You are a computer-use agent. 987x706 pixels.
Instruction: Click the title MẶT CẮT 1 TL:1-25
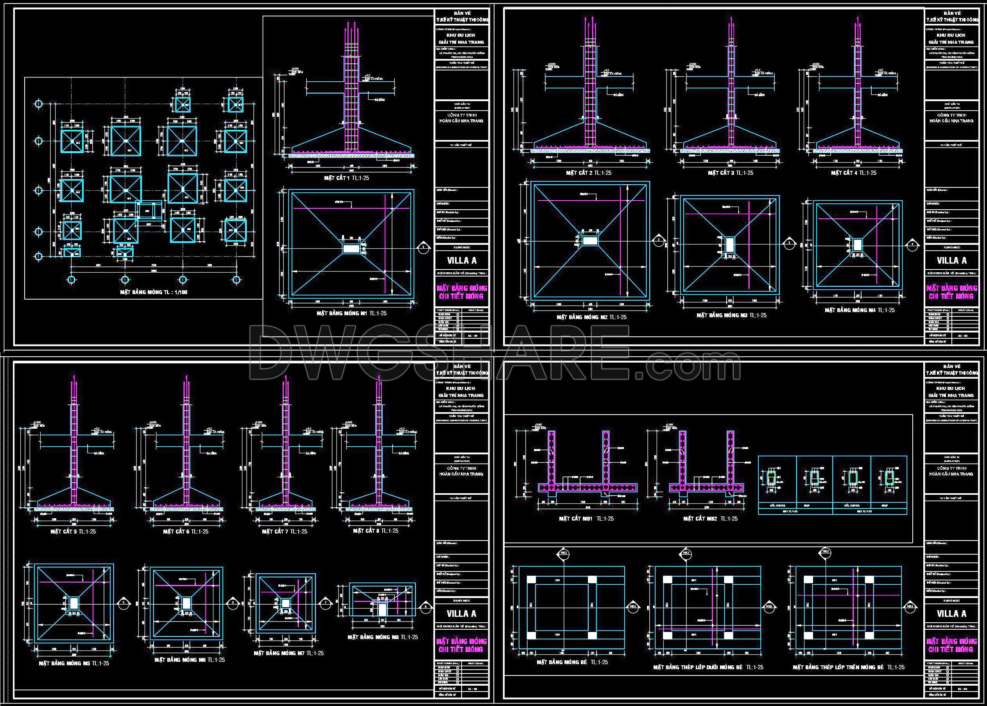(346, 178)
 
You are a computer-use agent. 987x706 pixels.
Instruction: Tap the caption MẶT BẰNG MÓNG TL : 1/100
(154, 292)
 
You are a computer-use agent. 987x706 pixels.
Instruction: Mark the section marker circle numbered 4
(912, 244)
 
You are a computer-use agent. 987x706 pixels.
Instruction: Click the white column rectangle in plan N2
(590, 241)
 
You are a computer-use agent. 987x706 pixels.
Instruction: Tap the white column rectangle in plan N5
(74, 603)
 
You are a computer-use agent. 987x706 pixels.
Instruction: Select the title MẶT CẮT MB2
(710, 519)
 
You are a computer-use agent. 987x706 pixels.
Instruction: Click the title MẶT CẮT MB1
(586, 519)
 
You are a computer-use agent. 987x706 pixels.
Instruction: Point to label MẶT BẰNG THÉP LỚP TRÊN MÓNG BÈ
(848, 667)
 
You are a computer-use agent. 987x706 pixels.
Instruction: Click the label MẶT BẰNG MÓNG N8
(382, 637)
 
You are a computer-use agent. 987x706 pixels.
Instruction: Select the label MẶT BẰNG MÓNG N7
(288, 653)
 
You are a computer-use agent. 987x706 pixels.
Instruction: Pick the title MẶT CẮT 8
(375, 530)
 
